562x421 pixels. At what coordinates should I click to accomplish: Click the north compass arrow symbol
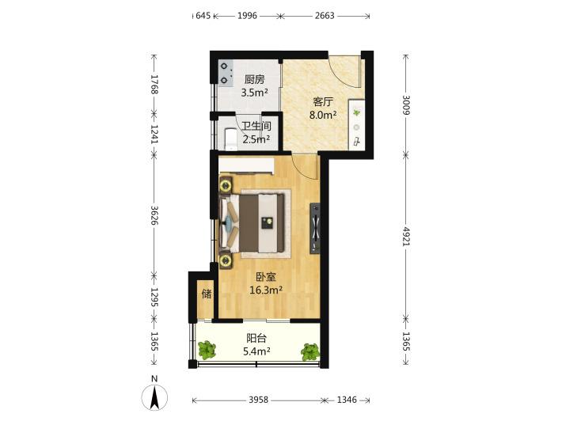(154, 397)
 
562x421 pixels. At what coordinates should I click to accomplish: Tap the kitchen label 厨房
(254, 79)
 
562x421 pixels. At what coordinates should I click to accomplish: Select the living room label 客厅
(323, 102)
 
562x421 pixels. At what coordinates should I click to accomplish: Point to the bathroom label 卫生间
(256, 126)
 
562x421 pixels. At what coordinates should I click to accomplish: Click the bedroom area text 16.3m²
(266, 290)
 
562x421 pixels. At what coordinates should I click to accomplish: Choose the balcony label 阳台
(256, 338)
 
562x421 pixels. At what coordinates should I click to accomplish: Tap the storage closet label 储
(207, 294)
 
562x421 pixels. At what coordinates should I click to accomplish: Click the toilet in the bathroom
(230, 139)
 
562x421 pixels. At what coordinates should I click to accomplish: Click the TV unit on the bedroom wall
(315, 228)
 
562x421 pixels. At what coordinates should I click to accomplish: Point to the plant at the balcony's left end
(207, 349)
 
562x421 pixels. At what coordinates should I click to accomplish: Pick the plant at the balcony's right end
(310, 352)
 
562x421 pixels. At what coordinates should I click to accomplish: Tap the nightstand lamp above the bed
(226, 186)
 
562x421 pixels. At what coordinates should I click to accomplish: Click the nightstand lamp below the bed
(226, 260)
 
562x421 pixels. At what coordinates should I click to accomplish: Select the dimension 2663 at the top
(325, 16)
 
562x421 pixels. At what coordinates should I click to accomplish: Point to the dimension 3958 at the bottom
(258, 400)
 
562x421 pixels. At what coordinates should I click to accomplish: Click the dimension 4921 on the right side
(406, 236)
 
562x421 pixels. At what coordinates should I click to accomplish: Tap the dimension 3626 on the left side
(154, 215)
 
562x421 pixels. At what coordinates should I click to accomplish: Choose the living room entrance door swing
(345, 71)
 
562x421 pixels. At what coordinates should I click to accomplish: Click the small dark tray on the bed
(267, 223)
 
